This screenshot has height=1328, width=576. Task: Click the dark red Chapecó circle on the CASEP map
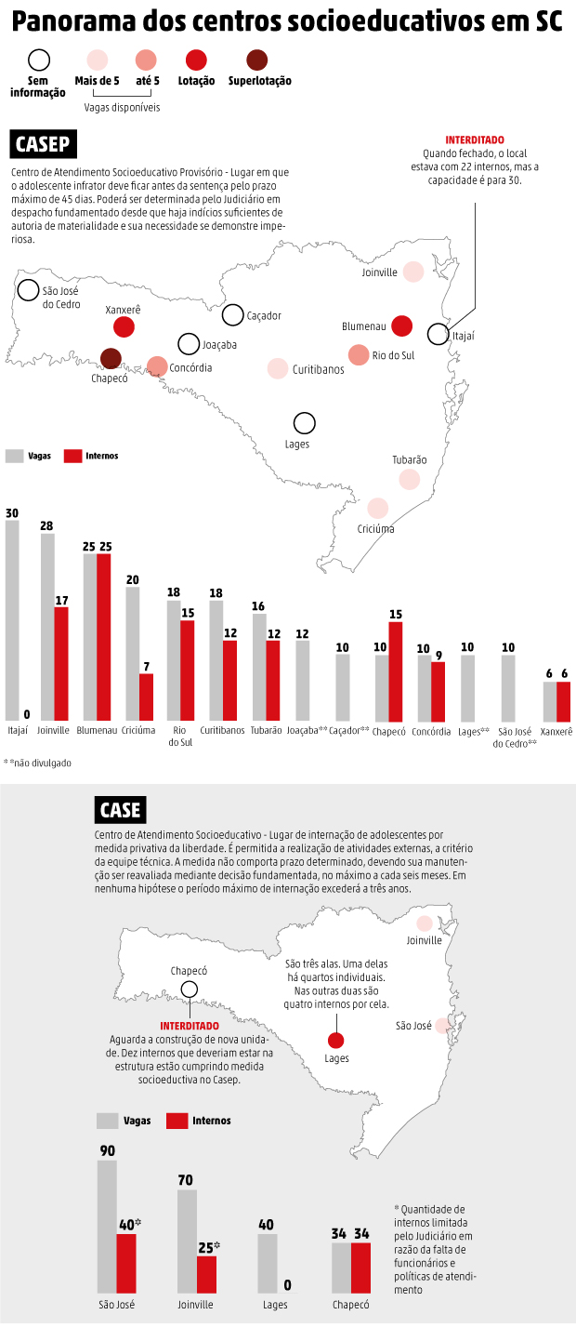click(x=111, y=359)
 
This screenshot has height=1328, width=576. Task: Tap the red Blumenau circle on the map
click(x=401, y=325)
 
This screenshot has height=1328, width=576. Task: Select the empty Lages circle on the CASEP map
click(x=304, y=423)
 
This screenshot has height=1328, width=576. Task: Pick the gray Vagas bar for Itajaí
click(x=12, y=619)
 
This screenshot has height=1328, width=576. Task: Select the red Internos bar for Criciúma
click(x=146, y=697)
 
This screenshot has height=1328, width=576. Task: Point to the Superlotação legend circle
click(x=257, y=60)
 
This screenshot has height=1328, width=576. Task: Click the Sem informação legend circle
click(x=38, y=60)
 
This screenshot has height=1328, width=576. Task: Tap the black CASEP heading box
click(x=44, y=145)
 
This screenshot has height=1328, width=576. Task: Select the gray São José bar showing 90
click(x=107, y=1227)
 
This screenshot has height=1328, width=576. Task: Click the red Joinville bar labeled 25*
click(x=207, y=1275)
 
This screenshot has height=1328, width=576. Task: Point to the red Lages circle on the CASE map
click(x=336, y=1041)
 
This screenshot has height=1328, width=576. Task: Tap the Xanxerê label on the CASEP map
click(x=123, y=310)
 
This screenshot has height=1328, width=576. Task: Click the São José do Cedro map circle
click(x=29, y=290)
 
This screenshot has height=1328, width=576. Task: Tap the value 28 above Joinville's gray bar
click(x=46, y=525)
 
